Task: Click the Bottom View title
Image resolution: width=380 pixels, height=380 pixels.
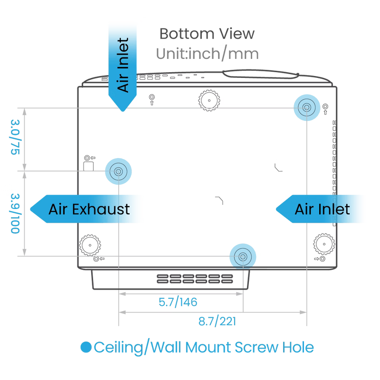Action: click(207, 34)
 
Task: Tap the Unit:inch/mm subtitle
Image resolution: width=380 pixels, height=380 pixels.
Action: click(207, 53)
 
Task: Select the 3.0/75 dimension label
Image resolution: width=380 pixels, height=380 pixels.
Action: click(15, 137)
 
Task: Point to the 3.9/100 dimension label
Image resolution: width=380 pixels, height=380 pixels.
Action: click(15, 213)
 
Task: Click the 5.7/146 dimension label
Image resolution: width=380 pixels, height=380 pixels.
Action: click(178, 302)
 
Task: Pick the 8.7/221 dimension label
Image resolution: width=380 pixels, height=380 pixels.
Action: click(217, 322)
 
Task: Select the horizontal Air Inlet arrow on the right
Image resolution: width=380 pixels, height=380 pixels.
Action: click(319, 209)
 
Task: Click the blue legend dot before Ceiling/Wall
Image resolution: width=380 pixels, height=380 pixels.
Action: click(86, 347)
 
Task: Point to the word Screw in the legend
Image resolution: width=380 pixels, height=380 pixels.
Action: click(256, 347)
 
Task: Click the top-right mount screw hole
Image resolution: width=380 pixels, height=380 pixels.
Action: click(307, 107)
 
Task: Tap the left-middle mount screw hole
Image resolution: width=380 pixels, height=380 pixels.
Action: click(118, 171)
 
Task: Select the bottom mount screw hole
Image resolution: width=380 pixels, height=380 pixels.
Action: click(243, 256)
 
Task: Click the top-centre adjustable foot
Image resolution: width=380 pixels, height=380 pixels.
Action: click(209, 100)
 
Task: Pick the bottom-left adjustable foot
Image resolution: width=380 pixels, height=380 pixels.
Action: click(90, 245)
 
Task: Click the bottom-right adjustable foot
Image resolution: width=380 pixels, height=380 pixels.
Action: click(324, 244)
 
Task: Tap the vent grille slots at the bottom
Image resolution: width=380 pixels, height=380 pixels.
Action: click(195, 279)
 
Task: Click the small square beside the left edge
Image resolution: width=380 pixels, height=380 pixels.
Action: click(88, 166)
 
